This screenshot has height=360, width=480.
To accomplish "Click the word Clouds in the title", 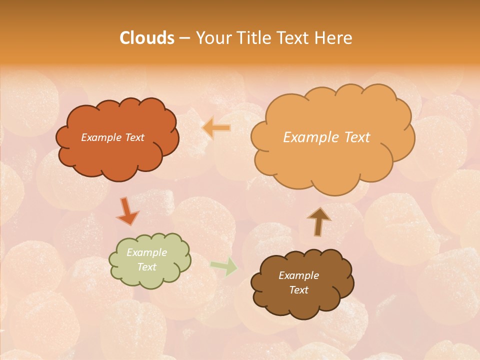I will coord(147,38).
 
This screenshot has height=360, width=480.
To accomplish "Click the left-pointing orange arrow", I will coord(216,128).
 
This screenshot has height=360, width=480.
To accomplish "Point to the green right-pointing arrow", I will coord(224,266).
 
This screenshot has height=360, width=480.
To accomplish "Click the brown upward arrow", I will coord(318,221).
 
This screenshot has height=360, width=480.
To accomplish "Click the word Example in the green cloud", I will coord(146,252).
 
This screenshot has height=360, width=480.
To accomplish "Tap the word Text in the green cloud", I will coord(146,267).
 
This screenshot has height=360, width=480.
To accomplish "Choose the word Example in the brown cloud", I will coord(298,275).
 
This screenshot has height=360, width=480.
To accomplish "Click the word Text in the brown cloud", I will coord(298,290).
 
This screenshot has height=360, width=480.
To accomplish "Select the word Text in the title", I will coord(293,38).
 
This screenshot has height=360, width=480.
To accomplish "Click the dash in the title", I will coord(184,38).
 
